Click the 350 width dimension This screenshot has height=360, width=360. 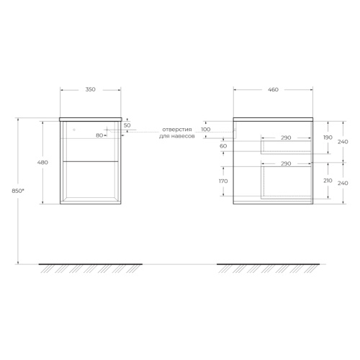(x=91, y=89)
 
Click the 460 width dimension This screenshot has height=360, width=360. (x=273, y=90)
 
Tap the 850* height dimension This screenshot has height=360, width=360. (x=18, y=191)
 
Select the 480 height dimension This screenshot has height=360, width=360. (x=42, y=163)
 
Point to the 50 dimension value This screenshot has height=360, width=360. (x=127, y=125)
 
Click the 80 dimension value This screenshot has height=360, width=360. (x=99, y=135)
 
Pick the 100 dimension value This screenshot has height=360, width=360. (x=206, y=130)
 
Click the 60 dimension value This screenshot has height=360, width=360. (x=223, y=146)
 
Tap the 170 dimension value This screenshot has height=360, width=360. (x=223, y=181)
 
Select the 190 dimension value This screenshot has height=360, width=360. (x=328, y=138)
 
